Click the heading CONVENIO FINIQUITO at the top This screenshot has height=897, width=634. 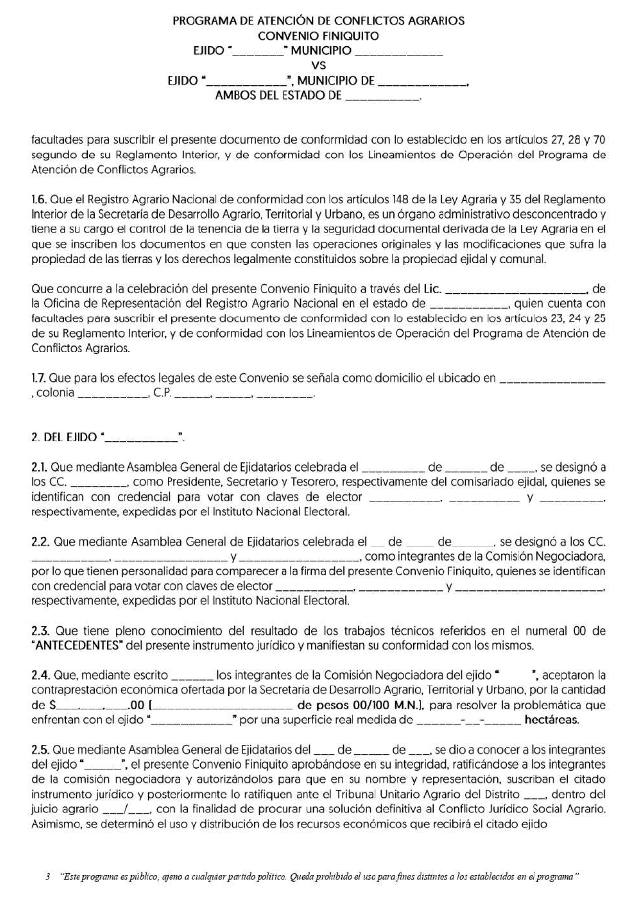(318, 36)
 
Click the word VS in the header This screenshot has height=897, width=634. (318, 65)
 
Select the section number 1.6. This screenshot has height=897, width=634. (39, 199)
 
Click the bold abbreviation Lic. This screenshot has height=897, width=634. (433, 289)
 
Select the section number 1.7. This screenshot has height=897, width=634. (39, 379)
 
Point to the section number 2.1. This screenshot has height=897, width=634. (40, 467)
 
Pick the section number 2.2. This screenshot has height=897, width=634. (41, 542)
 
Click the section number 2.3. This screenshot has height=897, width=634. (41, 631)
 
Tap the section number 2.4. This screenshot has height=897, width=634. (41, 676)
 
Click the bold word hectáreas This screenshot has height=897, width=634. (551, 720)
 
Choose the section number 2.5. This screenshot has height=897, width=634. (41, 750)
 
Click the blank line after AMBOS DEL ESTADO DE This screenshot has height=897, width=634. (383, 96)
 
